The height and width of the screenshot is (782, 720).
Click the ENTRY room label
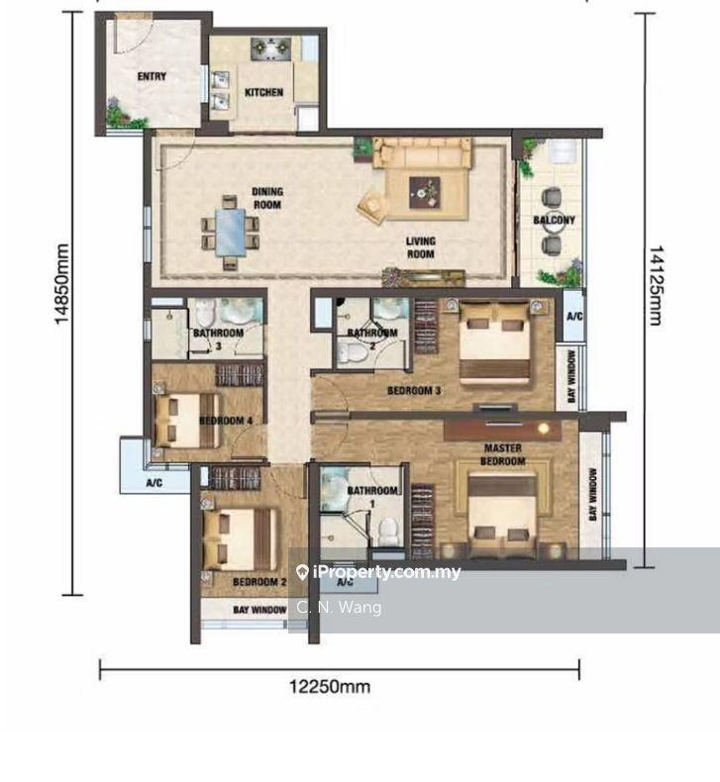[x=152, y=76]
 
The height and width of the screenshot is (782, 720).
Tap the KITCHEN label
[x=264, y=92]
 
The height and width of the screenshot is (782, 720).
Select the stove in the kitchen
[x=270, y=49]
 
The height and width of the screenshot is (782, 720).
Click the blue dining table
[x=231, y=233]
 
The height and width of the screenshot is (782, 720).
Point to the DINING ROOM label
[x=267, y=198]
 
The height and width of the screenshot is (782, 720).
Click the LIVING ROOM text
[x=420, y=247]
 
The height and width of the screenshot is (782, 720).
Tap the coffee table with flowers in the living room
[x=425, y=192]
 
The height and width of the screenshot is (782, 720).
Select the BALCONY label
[x=554, y=220]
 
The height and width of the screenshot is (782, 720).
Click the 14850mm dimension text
[x=61, y=284]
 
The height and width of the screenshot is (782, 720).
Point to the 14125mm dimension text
[x=656, y=285]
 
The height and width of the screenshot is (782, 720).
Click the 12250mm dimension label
[x=330, y=687]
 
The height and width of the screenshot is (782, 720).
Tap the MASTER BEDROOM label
[x=503, y=454]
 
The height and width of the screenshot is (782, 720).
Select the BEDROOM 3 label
[x=414, y=390]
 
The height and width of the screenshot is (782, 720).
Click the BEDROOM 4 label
[x=226, y=421]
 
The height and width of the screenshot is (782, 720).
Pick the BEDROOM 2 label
[x=259, y=582]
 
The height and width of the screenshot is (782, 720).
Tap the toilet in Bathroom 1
[x=388, y=533]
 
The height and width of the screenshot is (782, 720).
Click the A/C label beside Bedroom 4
[x=154, y=483]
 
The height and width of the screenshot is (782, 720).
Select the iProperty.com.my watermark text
[x=386, y=571]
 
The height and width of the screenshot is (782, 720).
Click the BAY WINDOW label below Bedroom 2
[x=259, y=610]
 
